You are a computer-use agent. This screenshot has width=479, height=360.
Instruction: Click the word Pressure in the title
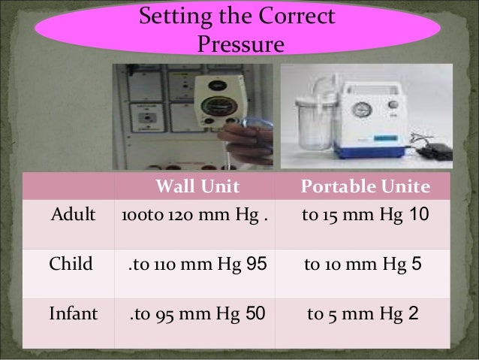239,44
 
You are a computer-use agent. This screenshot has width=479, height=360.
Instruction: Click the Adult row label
74,216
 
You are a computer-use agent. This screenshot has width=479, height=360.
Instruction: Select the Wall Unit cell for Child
196,265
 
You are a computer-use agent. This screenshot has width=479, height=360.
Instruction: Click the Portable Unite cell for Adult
365,217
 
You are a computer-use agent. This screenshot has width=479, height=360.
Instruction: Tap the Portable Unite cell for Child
365,265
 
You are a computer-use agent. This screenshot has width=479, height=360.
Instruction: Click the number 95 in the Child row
256,265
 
